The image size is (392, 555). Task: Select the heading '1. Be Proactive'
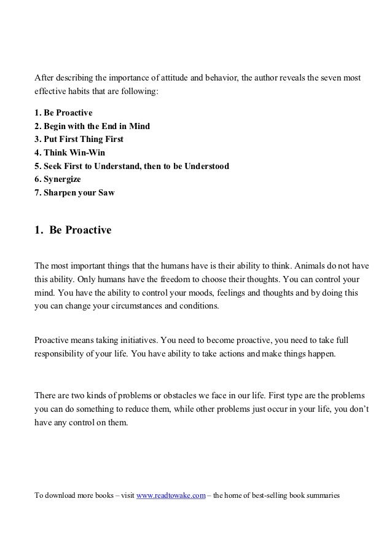(x=73, y=232)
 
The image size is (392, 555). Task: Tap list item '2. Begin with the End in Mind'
(x=92, y=127)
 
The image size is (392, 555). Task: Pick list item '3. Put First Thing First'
(x=79, y=140)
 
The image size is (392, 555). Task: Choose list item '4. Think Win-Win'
(x=70, y=152)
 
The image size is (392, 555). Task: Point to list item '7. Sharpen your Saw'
(x=74, y=192)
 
